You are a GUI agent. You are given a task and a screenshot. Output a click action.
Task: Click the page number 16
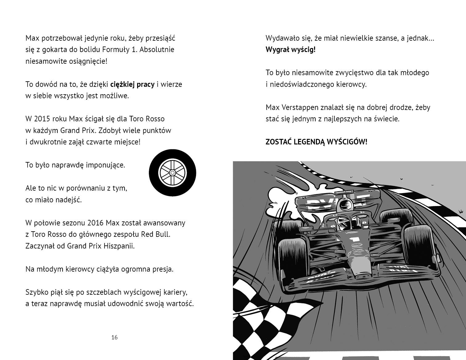[x=114, y=338]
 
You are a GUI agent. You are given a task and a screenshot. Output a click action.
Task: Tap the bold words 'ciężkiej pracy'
[x=132, y=84]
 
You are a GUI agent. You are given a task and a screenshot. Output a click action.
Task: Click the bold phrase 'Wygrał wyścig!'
[x=290, y=50]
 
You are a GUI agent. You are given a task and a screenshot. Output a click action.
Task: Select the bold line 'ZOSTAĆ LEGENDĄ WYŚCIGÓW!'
[x=316, y=142]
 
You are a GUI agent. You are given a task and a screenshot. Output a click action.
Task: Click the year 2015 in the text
[x=42, y=119]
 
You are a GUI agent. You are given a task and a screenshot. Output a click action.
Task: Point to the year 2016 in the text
[x=96, y=223]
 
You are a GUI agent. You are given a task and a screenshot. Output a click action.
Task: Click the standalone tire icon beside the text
[x=173, y=173]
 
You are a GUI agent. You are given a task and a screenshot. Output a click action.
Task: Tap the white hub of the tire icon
[x=173, y=173]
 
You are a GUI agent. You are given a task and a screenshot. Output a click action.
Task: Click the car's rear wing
[x=336, y=200]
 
